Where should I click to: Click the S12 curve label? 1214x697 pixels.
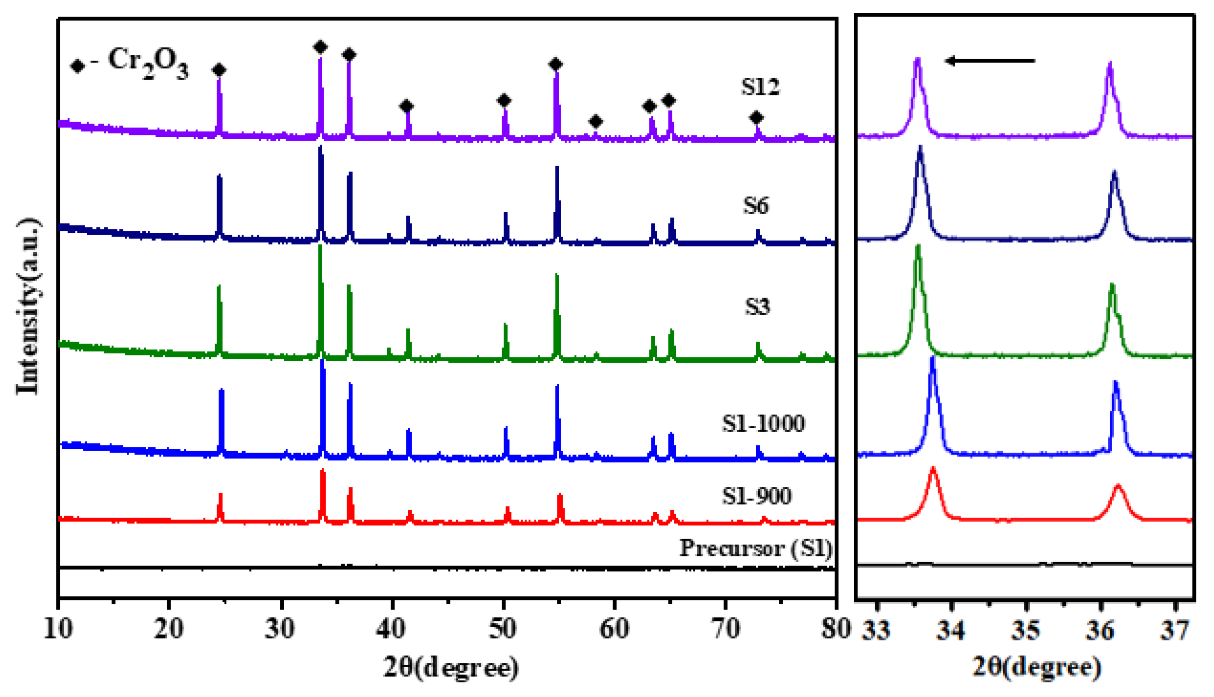tap(760, 87)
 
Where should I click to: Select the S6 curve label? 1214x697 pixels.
tap(756, 205)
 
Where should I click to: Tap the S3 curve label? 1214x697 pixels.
tap(757, 307)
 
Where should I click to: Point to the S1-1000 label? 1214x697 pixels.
tap(763, 423)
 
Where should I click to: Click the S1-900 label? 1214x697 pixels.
tap(756, 496)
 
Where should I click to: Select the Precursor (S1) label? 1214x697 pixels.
tap(756, 548)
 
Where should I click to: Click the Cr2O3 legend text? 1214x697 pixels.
tap(147, 62)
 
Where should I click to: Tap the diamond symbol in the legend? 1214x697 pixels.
tap(77, 66)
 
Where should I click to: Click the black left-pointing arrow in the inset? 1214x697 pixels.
tap(990, 61)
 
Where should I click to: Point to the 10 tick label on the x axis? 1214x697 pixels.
tap(58, 629)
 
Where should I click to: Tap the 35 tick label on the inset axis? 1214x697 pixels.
tap(1026, 630)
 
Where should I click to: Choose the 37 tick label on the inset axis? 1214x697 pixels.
tap(1175, 630)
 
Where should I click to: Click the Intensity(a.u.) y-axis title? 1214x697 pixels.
tap(28, 306)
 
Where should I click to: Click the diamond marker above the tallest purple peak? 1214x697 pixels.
tap(320, 47)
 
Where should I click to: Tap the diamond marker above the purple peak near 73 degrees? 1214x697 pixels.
tap(756, 118)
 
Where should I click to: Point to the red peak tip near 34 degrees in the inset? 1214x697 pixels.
tap(933, 470)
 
